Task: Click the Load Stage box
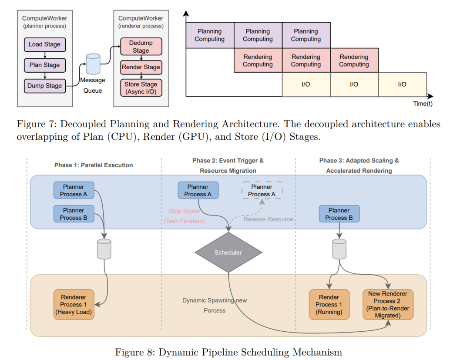point(45,44)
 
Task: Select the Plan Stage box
point(45,65)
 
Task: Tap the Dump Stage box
point(45,86)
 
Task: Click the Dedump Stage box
point(141,47)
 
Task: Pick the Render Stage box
point(141,67)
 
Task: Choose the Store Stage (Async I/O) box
point(141,88)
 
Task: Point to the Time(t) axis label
point(423,104)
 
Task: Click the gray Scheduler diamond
point(228,252)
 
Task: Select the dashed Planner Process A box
point(262,191)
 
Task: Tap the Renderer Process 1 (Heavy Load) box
point(74,304)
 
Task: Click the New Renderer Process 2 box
point(387,304)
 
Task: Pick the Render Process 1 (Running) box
point(329,304)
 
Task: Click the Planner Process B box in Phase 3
point(339,214)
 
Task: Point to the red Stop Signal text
point(185,211)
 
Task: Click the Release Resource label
point(268,219)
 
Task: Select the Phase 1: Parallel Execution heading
point(94,165)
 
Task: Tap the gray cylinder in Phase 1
point(104,249)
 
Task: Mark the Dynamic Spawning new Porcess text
point(215,305)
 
